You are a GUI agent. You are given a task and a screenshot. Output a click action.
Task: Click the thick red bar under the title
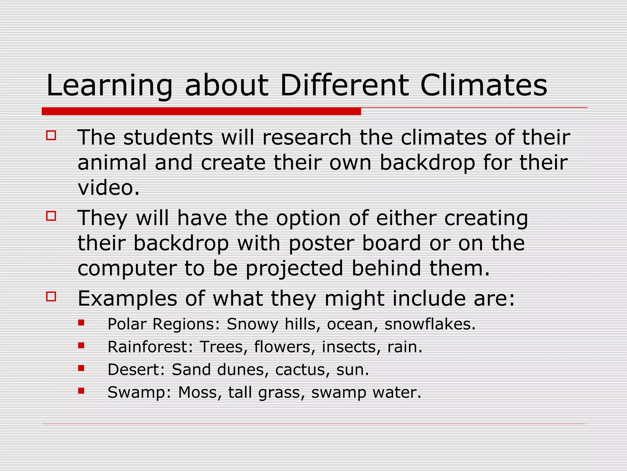click(201, 111)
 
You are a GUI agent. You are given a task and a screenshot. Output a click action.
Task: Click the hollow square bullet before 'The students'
click(51, 136)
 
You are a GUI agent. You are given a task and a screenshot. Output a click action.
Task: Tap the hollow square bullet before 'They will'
click(51, 216)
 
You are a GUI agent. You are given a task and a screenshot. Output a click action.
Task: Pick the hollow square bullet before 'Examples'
click(51, 297)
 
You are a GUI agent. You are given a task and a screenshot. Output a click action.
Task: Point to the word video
click(108, 188)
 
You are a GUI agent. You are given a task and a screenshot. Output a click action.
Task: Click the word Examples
click(127, 299)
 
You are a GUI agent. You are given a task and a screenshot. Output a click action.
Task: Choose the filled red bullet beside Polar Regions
click(81, 323)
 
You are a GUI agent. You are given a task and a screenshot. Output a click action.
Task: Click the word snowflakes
click(430, 324)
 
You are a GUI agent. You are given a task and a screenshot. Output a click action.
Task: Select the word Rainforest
click(150, 347)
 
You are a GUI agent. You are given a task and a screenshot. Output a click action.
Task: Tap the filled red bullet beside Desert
click(81, 368)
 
